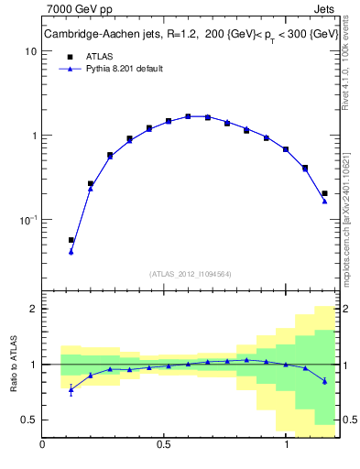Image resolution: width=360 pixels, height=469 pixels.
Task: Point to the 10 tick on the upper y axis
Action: coord(29,51)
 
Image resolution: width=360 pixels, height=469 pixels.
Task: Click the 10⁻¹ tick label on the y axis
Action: coord(26,220)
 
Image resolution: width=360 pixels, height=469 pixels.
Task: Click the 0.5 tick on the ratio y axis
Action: coord(27,420)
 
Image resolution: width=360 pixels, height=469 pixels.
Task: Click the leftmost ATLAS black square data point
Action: coord(71,240)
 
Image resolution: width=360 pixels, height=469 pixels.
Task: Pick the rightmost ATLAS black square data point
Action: coord(324,193)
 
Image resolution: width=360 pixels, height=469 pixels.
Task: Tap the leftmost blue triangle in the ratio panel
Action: coord(71,389)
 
